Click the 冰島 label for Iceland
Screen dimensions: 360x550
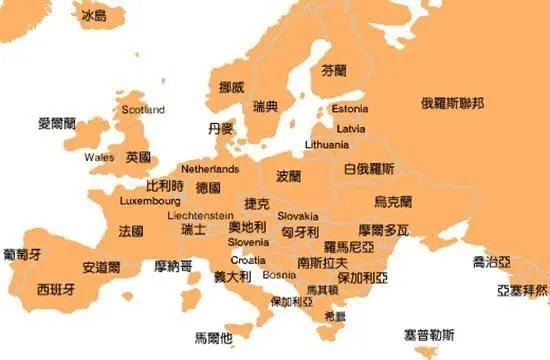(94, 16)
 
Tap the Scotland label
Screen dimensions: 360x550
(142, 109)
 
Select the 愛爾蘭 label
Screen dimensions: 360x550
(57, 123)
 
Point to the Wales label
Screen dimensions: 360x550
(99, 157)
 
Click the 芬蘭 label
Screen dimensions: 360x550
(333, 71)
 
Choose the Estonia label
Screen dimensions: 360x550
(349, 108)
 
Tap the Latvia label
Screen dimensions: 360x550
(350, 128)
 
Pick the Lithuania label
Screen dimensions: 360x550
(327, 144)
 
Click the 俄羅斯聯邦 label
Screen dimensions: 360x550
(452, 103)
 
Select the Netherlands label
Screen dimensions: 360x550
(210, 169)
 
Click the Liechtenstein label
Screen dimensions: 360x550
(200, 215)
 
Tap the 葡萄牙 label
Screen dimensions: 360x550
(22, 253)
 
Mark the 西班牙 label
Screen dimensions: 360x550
(55, 289)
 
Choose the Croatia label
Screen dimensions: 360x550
(248, 259)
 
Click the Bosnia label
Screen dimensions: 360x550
(279, 274)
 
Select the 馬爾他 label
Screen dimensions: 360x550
(212, 337)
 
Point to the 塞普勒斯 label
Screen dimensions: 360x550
(429, 334)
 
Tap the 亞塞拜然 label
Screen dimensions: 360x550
(522, 290)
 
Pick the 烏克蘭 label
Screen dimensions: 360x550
(392, 201)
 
